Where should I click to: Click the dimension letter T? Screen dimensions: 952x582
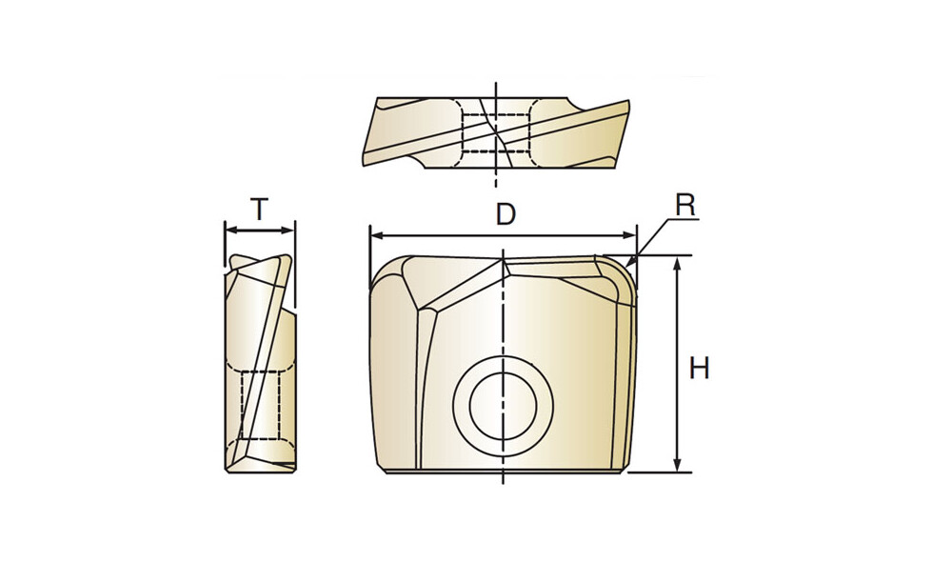click(259, 210)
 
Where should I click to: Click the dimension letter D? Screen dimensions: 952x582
click(506, 214)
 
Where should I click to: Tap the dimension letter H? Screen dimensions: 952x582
click(699, 368)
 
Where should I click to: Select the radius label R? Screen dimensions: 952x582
click(684, 206)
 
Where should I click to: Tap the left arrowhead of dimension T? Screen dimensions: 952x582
click(231, 231)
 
